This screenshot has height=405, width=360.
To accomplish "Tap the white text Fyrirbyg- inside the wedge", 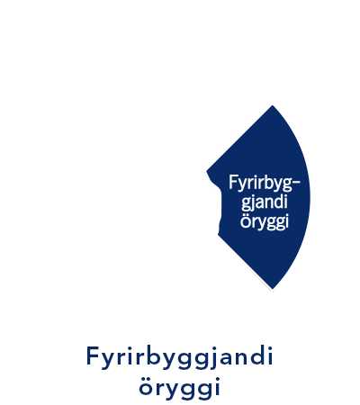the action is coord(265,184).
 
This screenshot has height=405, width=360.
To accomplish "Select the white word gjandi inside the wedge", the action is coord(265,202).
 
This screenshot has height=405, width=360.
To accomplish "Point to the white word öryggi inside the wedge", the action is coord(265,222).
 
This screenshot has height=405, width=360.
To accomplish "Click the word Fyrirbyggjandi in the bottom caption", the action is coord(179,357).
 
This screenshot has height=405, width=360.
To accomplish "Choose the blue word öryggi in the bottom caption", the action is coord(179,388).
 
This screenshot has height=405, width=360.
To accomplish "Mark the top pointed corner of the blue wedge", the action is coord(273,105).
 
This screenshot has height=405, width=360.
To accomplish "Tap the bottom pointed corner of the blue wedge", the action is coord(273,290).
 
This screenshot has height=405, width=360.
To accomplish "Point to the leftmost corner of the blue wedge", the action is coord(207,171).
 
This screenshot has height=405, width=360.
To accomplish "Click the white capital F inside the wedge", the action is coord(232,182).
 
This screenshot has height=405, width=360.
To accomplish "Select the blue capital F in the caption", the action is coord(93,355).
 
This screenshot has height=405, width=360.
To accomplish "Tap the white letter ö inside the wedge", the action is coord(245,221).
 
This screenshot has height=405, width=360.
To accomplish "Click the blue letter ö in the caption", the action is coord(146,386).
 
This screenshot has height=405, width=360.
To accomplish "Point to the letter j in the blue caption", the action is coord(212,357).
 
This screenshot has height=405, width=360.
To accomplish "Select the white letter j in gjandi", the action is coord(252,203).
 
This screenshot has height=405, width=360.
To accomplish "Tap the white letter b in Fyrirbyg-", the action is coord(264,182).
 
